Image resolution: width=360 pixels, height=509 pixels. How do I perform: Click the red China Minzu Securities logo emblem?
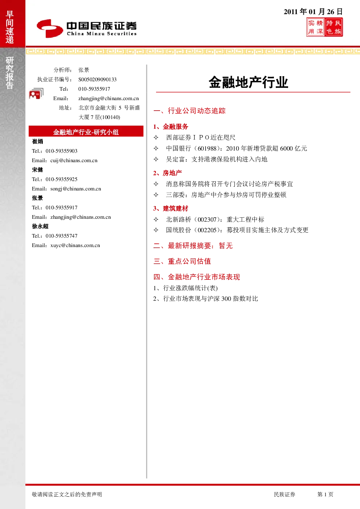pyautogui.click(x=50, y=28)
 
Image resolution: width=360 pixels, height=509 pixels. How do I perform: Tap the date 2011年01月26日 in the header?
pyautogui.click(x=313, y=12)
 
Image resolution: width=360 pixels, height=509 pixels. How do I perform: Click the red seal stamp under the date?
pyautogui.click(x=324, y=27)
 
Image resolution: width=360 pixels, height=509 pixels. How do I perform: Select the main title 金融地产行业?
pyautogui.click(x=249, y=82)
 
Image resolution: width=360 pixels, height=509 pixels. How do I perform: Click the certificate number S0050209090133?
pyautogui.click(x=97, y=79)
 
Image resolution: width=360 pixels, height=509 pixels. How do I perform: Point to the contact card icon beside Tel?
pyautogui.click(x=36, y=93)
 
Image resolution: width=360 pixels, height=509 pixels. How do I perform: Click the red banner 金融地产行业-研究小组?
pyautogui.click(x=86, y=131)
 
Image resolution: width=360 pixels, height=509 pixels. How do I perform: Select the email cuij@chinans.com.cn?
pyautogui.click(x=74, y=160)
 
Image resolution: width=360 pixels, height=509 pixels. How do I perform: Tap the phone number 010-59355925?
pyautogui.click(x=61, y=179)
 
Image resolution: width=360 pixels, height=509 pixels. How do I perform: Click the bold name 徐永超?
pyautogui.click(x=40, y=226)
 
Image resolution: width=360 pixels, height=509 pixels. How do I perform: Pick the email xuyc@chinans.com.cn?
pyautogui.click(x=75, y=245)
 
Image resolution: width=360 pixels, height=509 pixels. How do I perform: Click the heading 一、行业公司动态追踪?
pyautogui.click(x=189, y=111)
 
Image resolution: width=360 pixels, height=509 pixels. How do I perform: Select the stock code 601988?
pyautogui.click(x=207, y=148)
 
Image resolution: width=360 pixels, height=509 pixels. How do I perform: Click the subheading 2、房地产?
pyautogui.click(x=168, y=173)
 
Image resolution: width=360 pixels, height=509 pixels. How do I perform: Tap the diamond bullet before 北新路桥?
pyautogui.click(x=156, y=219)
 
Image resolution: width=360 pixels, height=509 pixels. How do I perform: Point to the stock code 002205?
pyautogui.click(x=207, y=230)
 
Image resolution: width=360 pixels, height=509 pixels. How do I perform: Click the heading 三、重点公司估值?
pyautogui.click(x=182, y=261)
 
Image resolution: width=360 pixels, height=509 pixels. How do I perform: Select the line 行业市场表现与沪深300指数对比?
pyautogui.click(x=210, y=299)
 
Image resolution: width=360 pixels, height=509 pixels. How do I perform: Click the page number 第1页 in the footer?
pyautogui.click(x=325, y=494)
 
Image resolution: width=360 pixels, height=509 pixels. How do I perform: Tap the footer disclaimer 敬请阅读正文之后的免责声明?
pyautogui.click(x=67, y=494)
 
